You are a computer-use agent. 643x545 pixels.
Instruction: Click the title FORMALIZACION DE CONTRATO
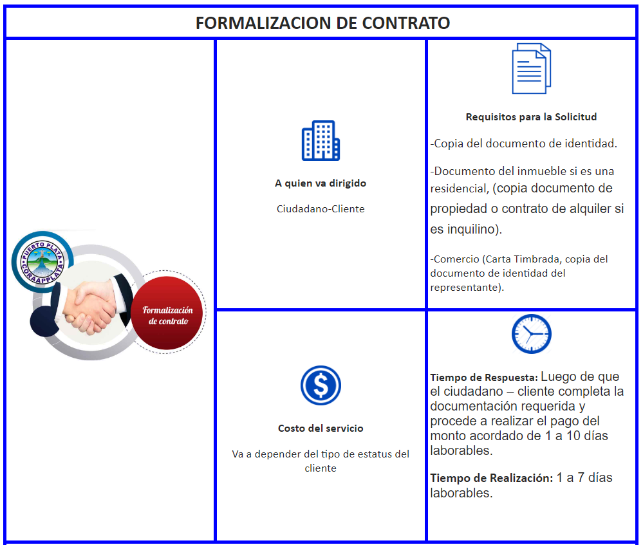coord(322,23)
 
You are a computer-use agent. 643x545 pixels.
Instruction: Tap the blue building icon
coord(321,140)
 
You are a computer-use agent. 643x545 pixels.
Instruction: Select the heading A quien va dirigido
coord(321,183)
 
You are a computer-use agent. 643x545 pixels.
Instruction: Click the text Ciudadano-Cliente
coord(321,209)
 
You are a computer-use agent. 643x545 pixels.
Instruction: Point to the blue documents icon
coord(531,69)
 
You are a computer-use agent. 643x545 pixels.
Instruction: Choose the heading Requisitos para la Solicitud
coord(531,117)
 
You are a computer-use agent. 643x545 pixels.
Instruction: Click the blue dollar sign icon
coord(321,385)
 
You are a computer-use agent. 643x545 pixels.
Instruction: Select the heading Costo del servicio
coord(321,429)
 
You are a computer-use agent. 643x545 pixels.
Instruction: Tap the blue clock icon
coord(531,334)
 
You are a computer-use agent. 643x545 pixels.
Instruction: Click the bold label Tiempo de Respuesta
coord(483,378)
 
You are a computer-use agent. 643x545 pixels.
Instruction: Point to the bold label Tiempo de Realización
coord(491,478)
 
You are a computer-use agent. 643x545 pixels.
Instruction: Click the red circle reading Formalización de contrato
coord(167,315)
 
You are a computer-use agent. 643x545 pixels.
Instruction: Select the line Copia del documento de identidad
coord(524,143)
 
